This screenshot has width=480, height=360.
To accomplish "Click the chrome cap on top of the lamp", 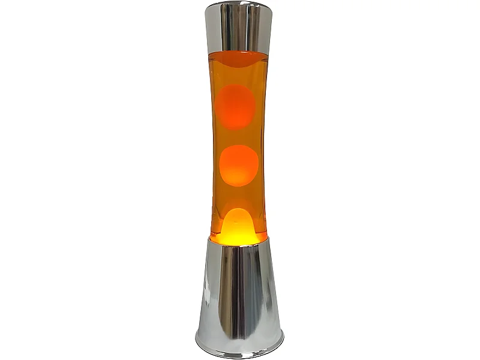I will (x=238, y=27).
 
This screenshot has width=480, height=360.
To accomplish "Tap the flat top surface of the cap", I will (x=238, y=5).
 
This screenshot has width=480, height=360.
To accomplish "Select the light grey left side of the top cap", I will (x=215, y=27).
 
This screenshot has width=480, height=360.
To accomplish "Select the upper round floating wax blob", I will (x=236, y=106).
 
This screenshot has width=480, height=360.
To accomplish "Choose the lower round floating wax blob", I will (x=239, y=165).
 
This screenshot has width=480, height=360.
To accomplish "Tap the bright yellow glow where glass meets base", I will (x=238, y=239).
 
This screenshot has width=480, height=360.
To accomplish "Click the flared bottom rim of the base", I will (x=239, y=350).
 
